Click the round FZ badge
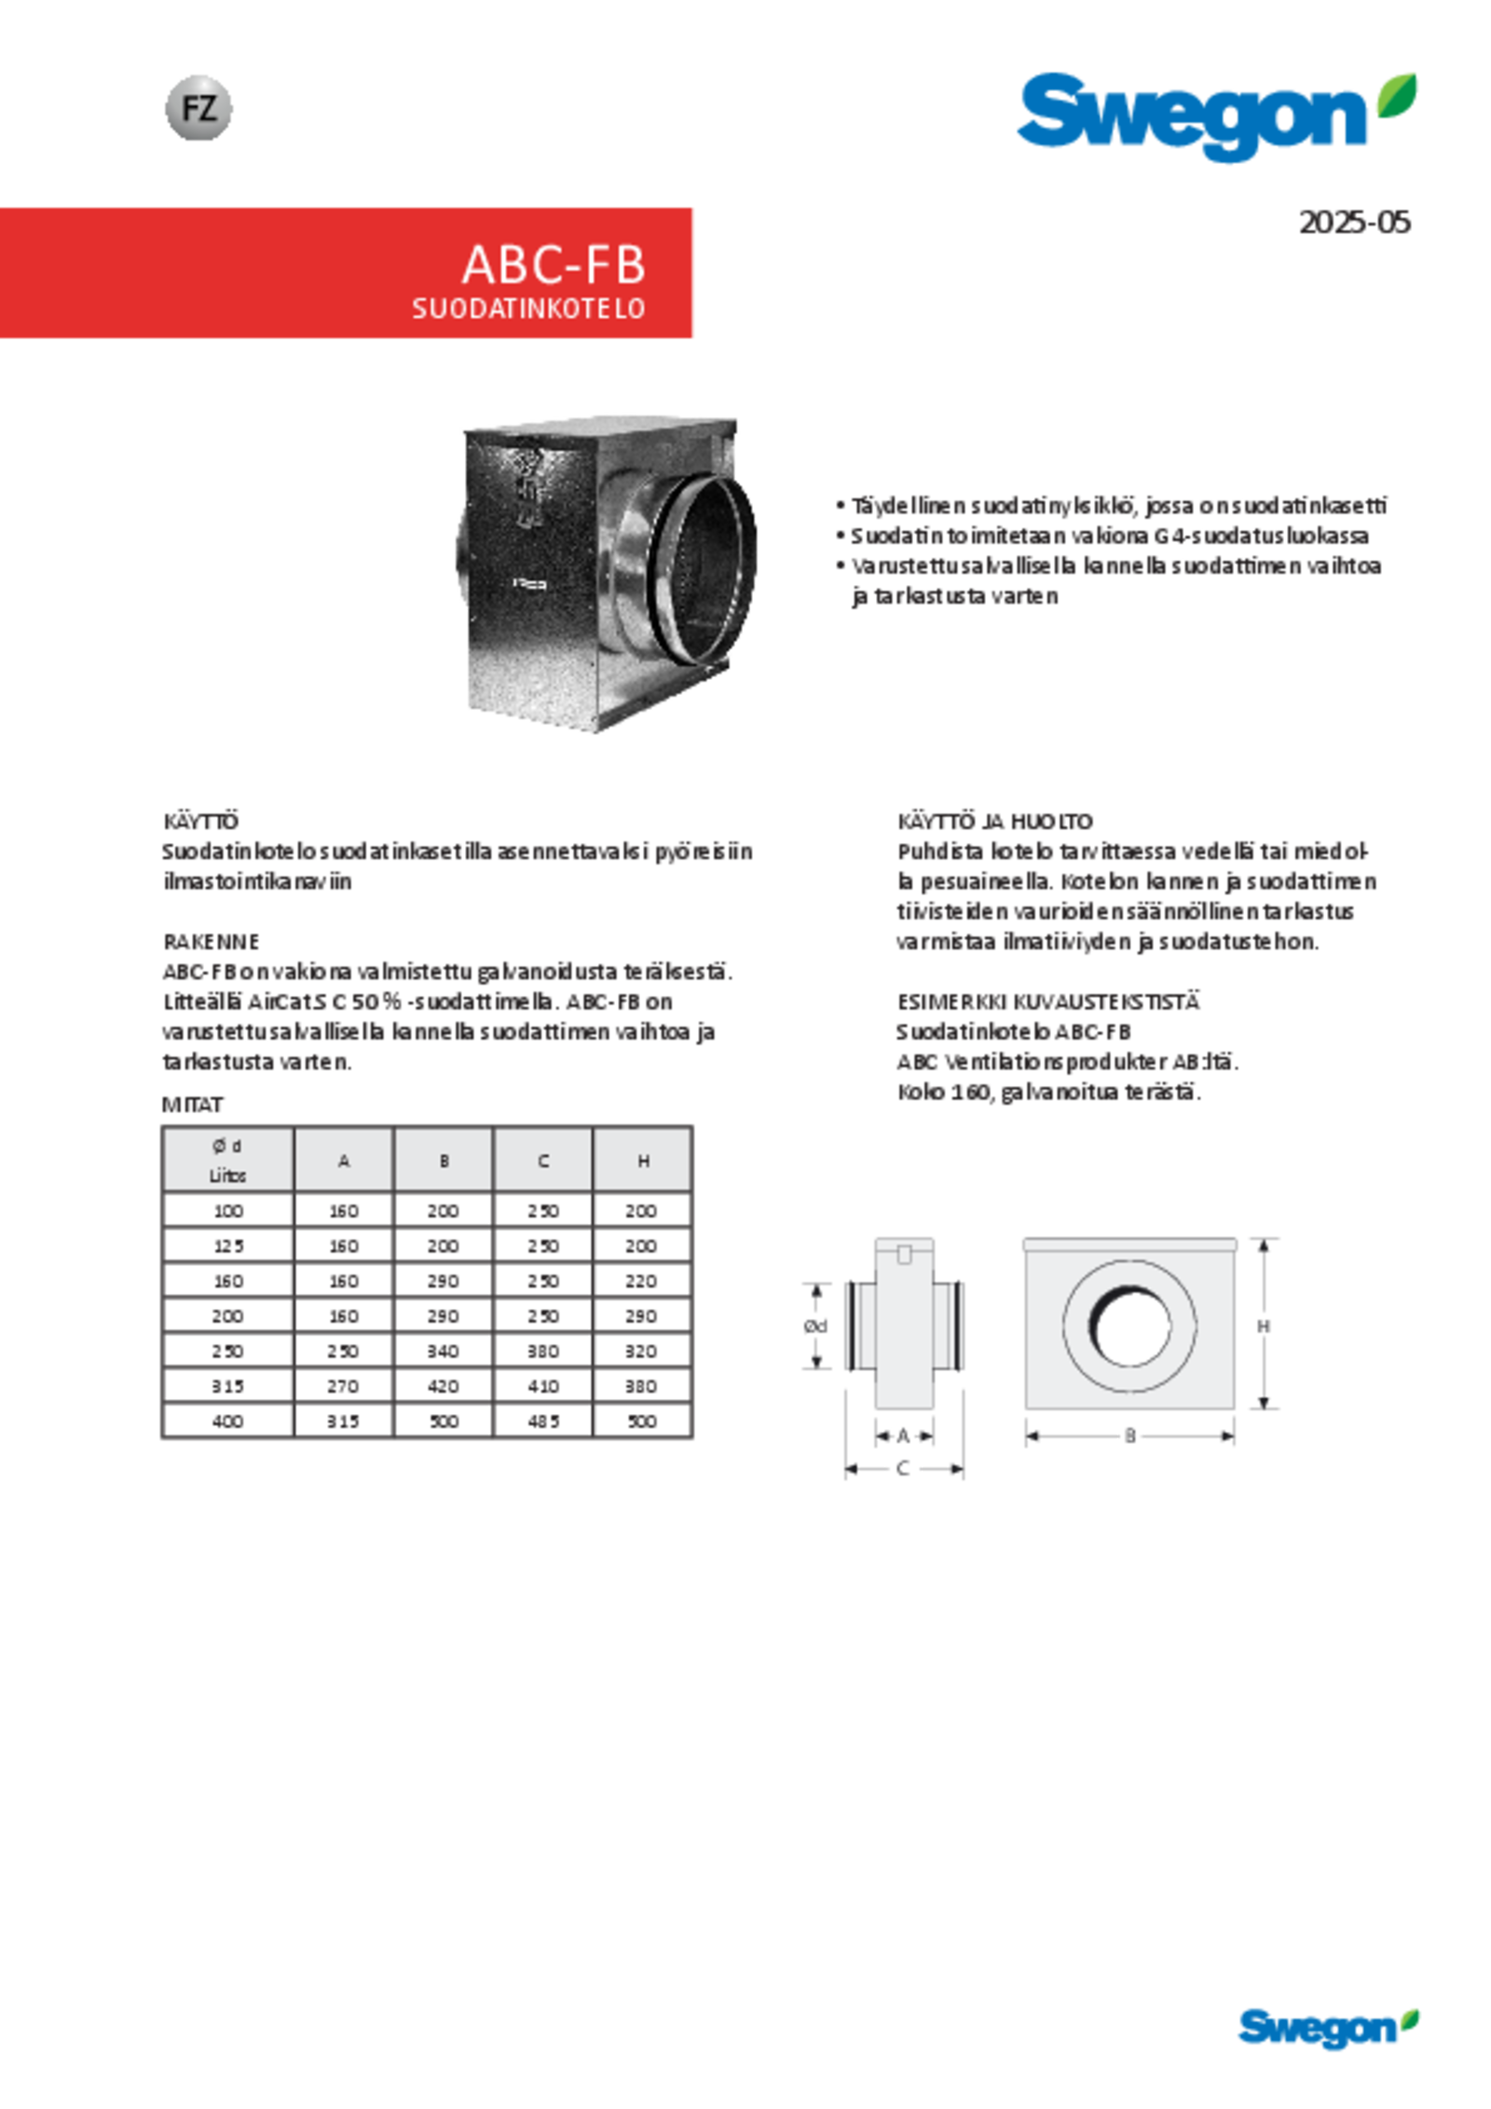(198, 108)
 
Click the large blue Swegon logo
(1193, 117)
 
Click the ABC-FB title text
(554, 265)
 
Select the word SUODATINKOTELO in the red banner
(528, 309)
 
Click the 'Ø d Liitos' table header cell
(227, 1160)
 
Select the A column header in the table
(344, 1161)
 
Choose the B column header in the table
(445, 1161)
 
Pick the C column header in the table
(543, 1161)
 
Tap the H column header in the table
(643, 1161)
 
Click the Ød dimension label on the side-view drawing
(815, 1326)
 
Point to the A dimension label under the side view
(902, 1435)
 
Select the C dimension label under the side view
(902, 1469)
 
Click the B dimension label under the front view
(1130, 1436)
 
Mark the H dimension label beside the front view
(1263, 1325)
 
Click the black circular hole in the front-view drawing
(1129, 1325)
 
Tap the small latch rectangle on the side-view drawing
(903, 1255)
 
